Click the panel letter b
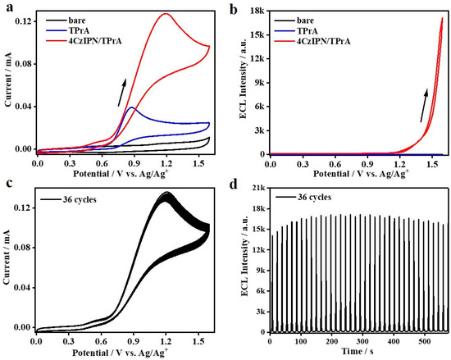[x=239, y=7]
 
